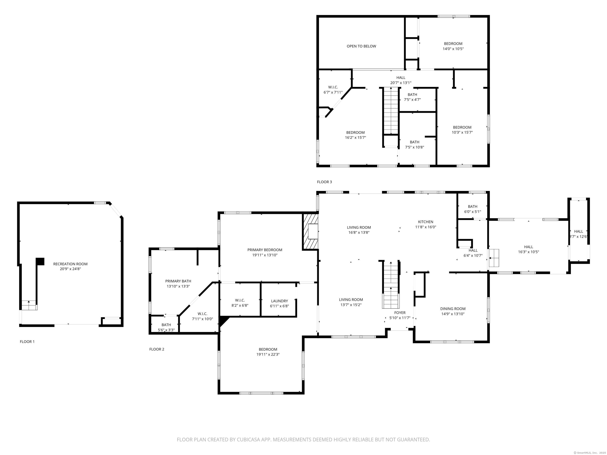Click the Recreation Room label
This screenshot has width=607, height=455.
click(x=70, y=264)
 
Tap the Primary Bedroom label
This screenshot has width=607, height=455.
click(x=265, y=250)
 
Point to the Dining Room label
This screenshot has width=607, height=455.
click(x=453, y=308)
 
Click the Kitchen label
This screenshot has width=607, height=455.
click(x=426, y=222)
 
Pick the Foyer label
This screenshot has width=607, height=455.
click(x=400, y=313)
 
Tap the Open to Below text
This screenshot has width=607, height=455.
click(x=361, y=46)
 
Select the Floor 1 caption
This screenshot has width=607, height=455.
click(x=27, y=341)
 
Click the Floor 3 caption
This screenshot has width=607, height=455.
click(x=324, y=182)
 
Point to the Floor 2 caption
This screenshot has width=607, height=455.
click(x=157, y=349)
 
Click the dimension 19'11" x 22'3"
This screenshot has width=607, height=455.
click(x=268, y=354)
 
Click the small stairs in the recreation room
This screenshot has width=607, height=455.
click(x=29, y=305)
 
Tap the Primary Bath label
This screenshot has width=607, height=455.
click(x=178, y=281)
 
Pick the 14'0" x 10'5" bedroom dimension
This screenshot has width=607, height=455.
click(x=453, y=49)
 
